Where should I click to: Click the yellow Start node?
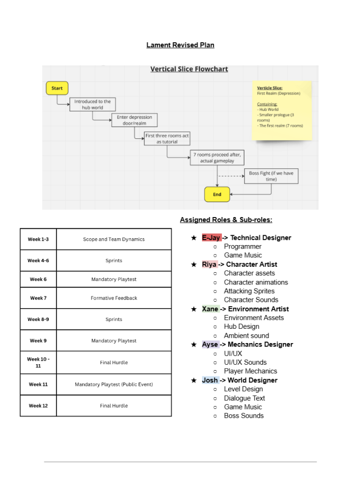tap(57, 88)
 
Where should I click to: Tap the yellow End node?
tap(217, 194)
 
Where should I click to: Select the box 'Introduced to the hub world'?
tap(92, 104)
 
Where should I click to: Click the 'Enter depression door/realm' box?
tap(135, 120)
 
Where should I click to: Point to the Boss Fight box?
tap(271, 176)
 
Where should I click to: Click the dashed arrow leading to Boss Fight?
tap(231, 176)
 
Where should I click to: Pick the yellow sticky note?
tap(282, 110)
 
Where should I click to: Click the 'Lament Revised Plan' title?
tap(180, 45)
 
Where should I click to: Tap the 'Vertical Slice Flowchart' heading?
tap(189, 69)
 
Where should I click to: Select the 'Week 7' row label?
tap(38, 298)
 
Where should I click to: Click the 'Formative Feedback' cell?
tap(114, 298)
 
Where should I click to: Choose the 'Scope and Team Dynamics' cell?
tap(114, 239)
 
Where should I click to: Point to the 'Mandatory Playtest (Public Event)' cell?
tap(114, 384)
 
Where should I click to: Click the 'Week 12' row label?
tap(38, 406)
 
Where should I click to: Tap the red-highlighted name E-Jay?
tap(211, 238)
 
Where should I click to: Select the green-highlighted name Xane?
tap(210, 309)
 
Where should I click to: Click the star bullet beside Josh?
tap(194, 380)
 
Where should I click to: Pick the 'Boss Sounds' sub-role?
tap(244, 415)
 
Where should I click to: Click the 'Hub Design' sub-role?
tap(241, 327)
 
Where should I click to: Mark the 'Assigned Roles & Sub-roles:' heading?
tap(226, 220)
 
